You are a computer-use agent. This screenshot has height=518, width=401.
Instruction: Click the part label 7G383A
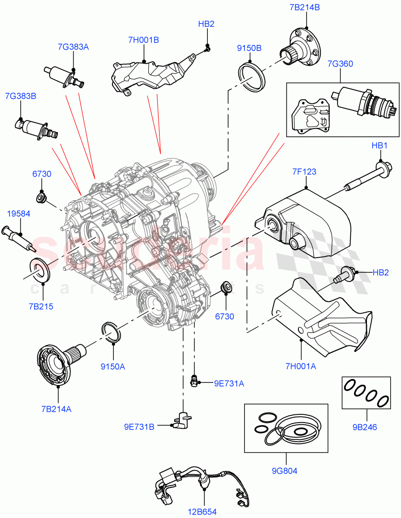coord(73,47)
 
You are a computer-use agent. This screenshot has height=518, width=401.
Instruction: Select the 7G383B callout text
coord(20,96)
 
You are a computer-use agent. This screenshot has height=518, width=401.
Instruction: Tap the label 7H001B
coord(144,40)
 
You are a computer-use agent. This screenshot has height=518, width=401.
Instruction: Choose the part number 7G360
coord(340,64)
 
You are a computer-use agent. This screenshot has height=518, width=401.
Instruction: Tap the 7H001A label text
coord(301,366)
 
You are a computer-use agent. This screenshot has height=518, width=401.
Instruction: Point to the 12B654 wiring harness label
coord(202,512)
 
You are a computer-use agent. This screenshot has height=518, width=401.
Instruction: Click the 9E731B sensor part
coord(183,420)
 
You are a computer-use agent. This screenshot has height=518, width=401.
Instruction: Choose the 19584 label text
coord(18,213)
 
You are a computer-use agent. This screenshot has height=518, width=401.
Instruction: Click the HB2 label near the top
coord(206,24)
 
